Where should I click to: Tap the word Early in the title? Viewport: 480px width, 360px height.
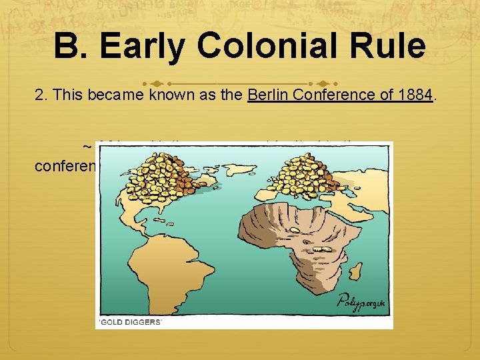coord(146,47)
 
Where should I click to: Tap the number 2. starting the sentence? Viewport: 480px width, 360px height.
coord(41,95)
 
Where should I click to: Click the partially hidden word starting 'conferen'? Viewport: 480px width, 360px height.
coord(65,164)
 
